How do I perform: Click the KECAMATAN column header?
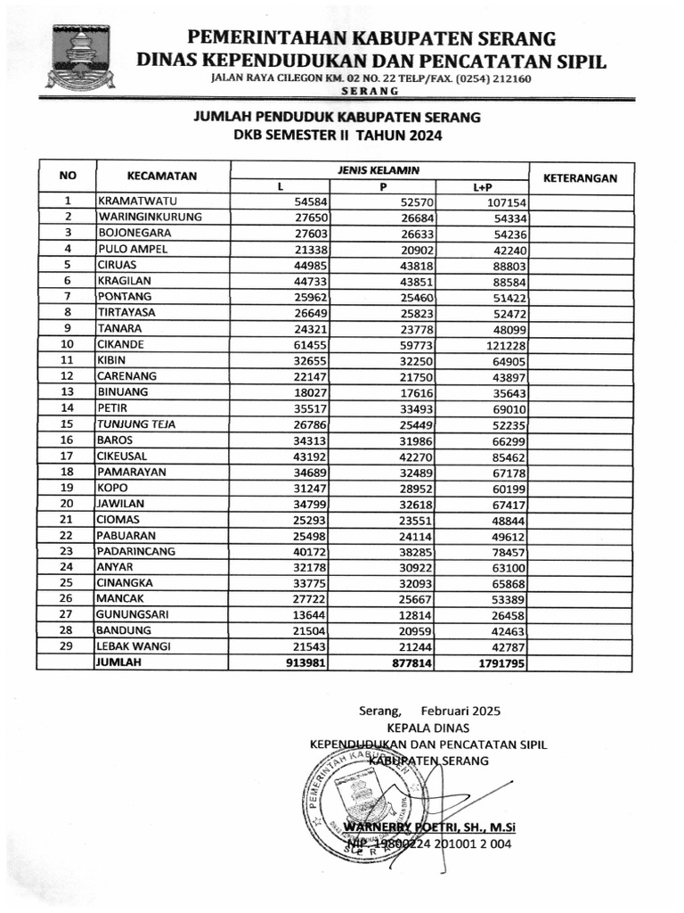[161, 177]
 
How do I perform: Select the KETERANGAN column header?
[580, 177]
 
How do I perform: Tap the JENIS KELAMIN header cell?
[379, 169]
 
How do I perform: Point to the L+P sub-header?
[482, 187]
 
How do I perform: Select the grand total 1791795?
[500, 663]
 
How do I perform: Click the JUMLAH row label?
[121, 663]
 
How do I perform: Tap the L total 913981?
[307, 663]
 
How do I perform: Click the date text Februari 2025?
[461, 711]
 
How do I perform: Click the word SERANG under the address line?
[370, 92]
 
